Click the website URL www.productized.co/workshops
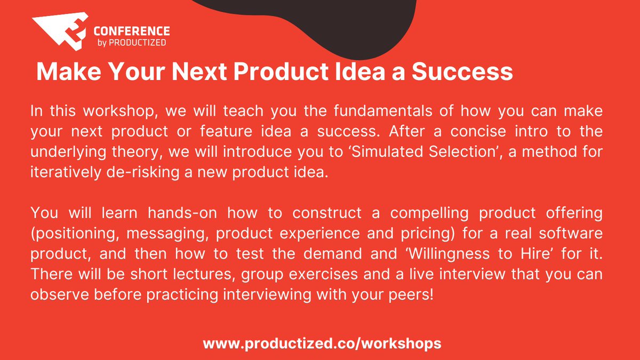point(322,343)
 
